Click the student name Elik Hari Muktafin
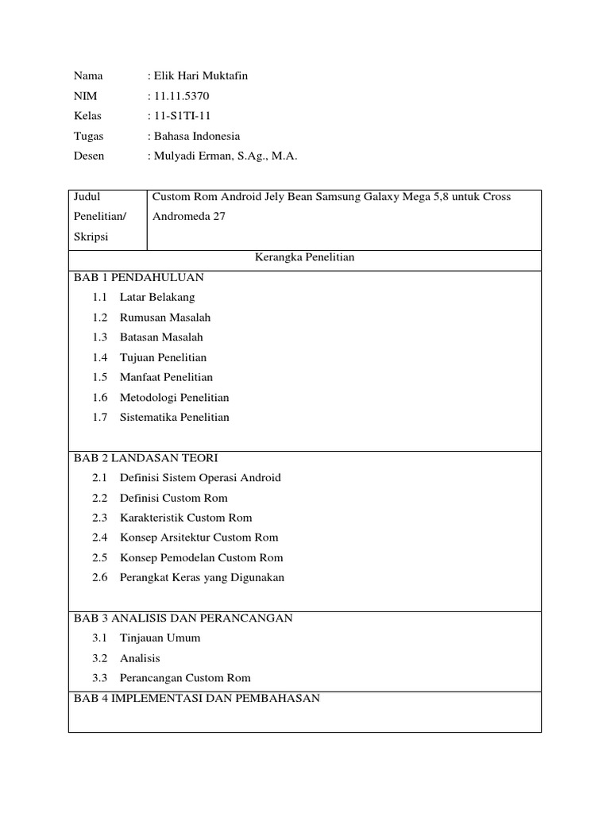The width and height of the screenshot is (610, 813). (x=200, y=76)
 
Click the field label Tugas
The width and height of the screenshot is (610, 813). (x=88, y=136)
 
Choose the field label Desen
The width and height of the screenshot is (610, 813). (x=89, y=156)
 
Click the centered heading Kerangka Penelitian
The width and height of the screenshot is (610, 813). (x=304, y=258)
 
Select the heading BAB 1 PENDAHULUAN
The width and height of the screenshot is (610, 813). (x=138, y=277)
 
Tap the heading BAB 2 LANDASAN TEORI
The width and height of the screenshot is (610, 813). (x=145, y=458)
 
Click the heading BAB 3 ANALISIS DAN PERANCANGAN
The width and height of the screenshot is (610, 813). (x=183, y=618)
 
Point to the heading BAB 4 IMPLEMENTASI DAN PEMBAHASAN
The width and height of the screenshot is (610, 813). (x=196, y=699)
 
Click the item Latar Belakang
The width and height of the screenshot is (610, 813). (x=157, y=298)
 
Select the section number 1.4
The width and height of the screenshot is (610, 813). (x=99, y=357)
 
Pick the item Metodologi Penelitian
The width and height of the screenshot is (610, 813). (x=174, y=397)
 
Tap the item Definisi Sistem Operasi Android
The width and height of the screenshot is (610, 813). (x=200, y=478)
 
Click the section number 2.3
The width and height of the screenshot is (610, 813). (x=99, y=518)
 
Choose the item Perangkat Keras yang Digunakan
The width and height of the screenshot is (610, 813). (x=202, y=577)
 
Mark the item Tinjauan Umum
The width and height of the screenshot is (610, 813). (x=160, y=638)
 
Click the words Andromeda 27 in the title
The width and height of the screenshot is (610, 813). (x=183, y=216)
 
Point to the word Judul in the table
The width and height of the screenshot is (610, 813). (x=87, y=196)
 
